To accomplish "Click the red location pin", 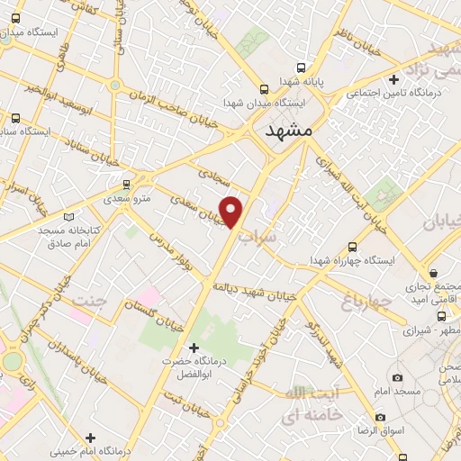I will [232, 211].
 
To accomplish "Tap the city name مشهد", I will [289, 131].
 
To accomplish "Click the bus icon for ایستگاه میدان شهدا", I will [264, 89].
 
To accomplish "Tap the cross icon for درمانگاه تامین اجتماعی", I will [393, 79].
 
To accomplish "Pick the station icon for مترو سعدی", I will [127, 183].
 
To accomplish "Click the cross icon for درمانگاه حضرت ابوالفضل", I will [192, 348].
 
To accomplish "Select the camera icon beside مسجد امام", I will [397, 378].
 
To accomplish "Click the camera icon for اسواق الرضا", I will [381, 418].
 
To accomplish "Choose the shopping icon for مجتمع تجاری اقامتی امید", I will [434, 273].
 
